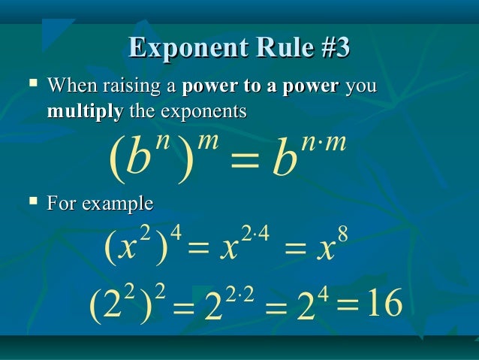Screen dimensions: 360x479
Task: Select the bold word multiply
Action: (x=85, y=112)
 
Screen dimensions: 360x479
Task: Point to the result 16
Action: (x=383, y=304)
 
